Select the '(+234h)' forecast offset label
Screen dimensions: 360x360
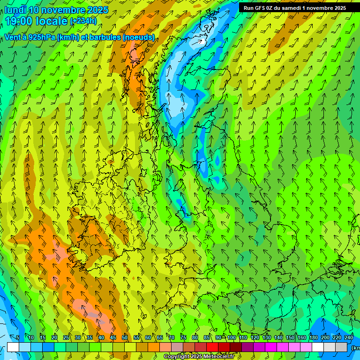coord(83,21)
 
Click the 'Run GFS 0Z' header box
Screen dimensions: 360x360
coord(295,7)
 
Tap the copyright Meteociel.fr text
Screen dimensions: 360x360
coord(199,357)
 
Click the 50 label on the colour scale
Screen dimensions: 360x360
coord(125,338)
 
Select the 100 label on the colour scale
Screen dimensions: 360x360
coord(232,338)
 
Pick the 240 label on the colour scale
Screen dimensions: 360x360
coord(349,338)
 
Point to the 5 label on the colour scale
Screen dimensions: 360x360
coord(18,338)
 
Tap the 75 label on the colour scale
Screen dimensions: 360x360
coord(183,338)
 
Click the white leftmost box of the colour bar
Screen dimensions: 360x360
coord(13,347)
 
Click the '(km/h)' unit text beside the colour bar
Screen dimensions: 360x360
coord(356,347)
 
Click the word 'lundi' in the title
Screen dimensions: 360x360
coord(15,10)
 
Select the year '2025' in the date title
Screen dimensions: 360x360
coord(97,10)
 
